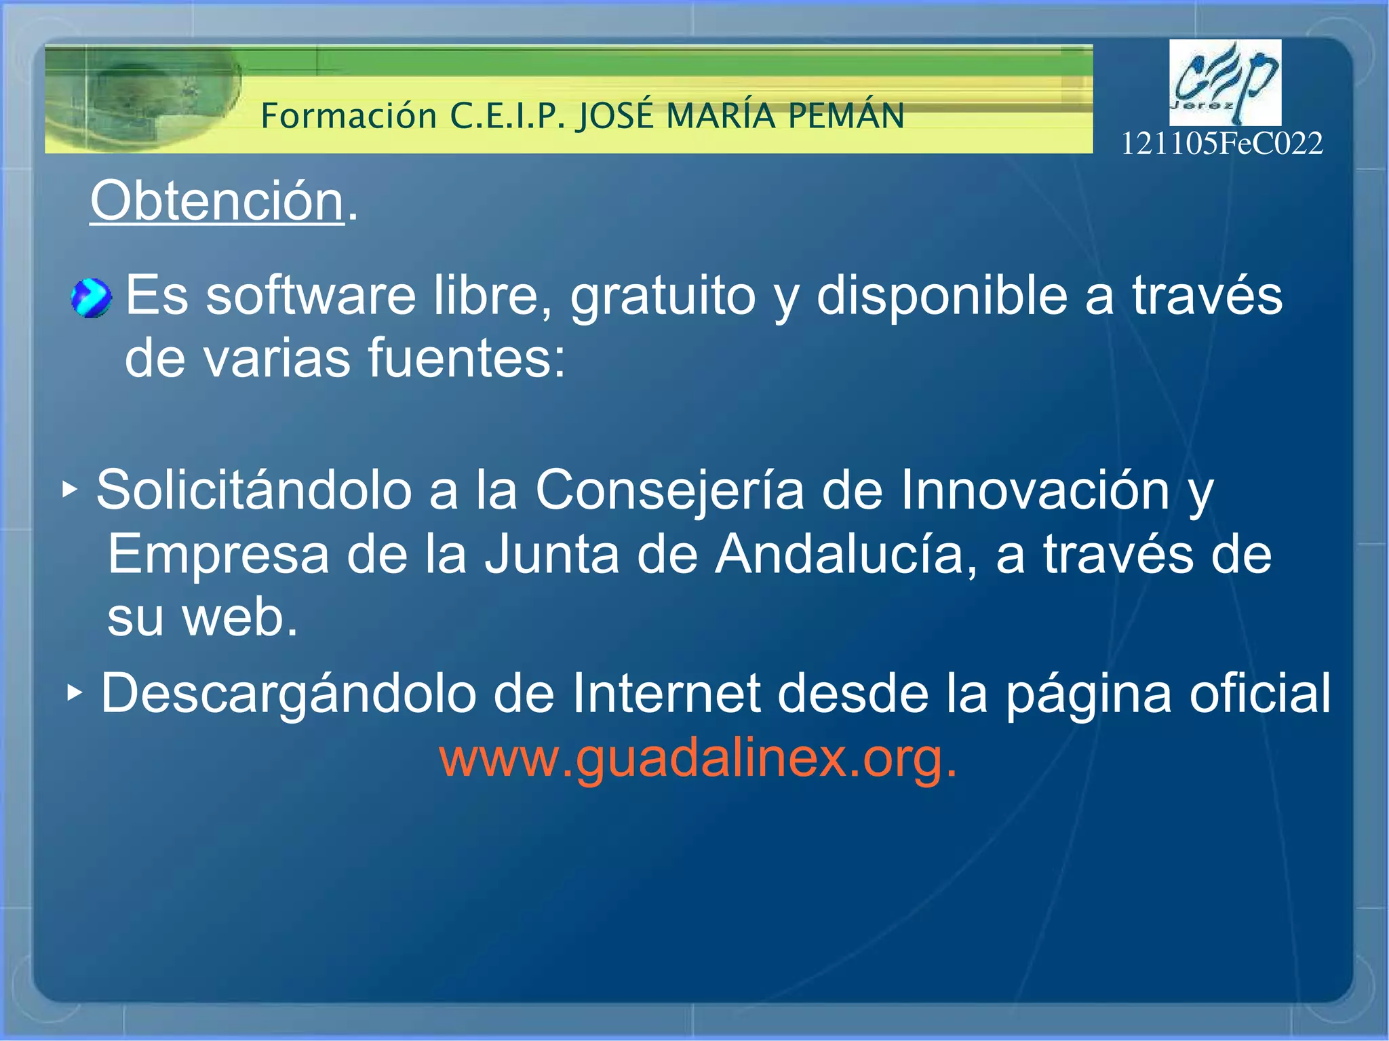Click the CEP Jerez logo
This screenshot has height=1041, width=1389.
click(1225, 82)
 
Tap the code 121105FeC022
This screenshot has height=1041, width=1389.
click(1221, 144)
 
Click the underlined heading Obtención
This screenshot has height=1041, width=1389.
click(217, 201)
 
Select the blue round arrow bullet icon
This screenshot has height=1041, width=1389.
click(91, 298)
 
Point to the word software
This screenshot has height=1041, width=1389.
click(311, 296)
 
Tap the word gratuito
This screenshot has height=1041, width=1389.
click(662, 296)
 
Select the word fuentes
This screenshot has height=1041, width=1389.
click(466, 359)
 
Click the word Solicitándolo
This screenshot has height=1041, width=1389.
click(254, 490)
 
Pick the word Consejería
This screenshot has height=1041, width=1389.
click(669, 490)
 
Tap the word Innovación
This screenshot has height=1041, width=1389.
click(1035, 490)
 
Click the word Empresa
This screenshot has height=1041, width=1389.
click(218, 555)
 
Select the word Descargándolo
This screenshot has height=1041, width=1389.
click(288, 694)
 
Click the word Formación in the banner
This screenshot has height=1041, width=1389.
click(349, 116)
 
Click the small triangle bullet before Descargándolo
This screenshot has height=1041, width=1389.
click(74, 693)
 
